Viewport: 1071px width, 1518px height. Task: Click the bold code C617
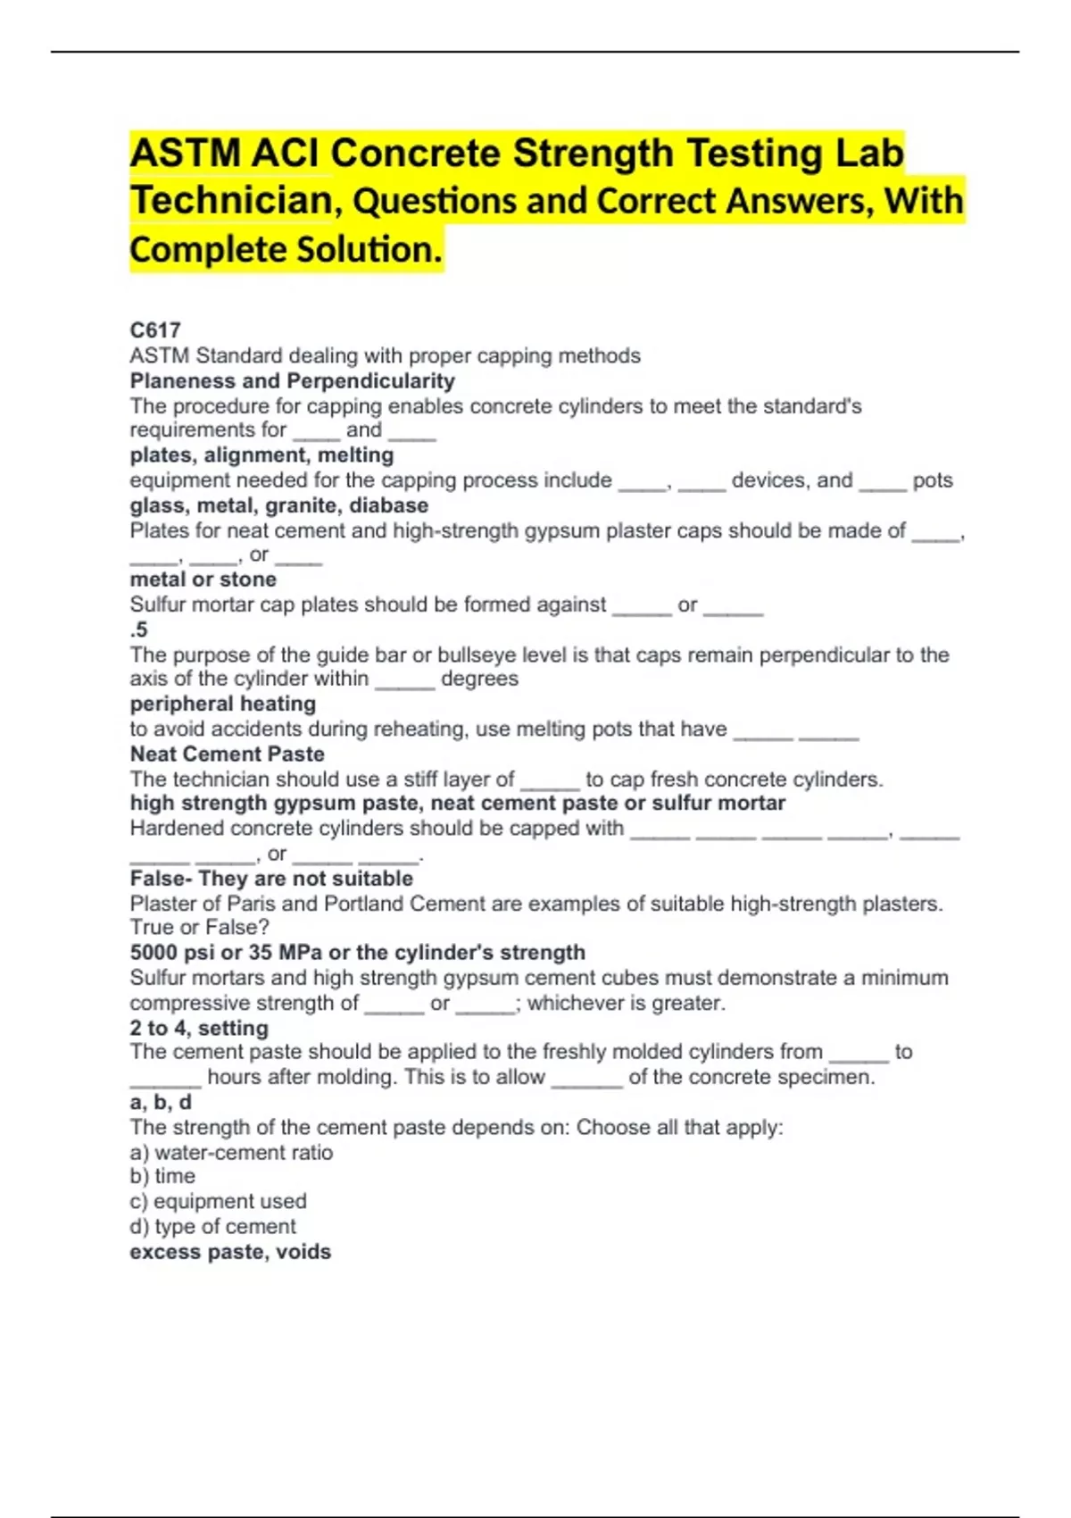[x=155, y=330]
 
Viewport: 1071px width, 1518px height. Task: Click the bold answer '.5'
[x=138, y=630]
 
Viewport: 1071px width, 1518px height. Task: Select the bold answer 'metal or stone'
[x=203, y=580]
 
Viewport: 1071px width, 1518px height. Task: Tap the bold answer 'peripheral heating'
[x=222, y=704]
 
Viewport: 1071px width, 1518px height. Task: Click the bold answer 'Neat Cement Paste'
[x=227, y=754]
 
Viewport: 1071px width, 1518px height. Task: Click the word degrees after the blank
[x=479, y=679]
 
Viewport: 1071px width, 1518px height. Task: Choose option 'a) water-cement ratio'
[x=231, y=1152]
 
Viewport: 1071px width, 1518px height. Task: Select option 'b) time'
[x=162, y=1176]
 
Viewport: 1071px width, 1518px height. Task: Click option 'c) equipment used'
[x=218, y=1201]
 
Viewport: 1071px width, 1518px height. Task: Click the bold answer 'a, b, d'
[x=161, y=1102]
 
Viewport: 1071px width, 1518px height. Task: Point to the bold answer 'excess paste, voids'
[x=230, y=1252]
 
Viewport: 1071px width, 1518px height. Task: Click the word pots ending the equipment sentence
[x=932, y=480]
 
